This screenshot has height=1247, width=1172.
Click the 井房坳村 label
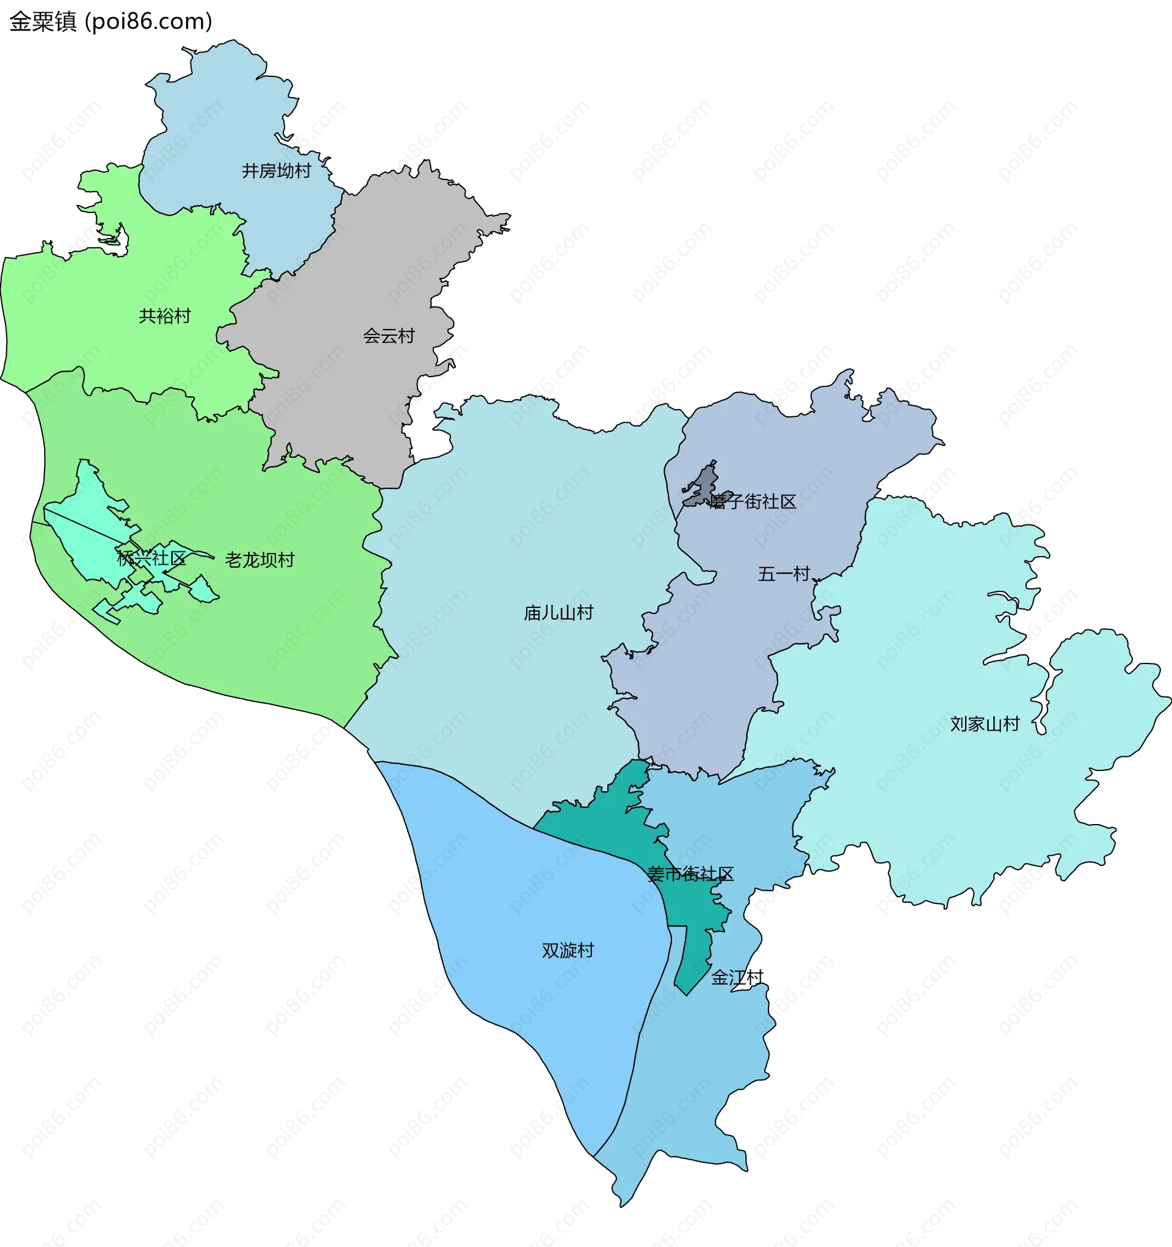(x=276, y=171)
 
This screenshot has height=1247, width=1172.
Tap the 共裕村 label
(x=164, y=316)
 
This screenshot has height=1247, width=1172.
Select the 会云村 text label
(x=388, y=336)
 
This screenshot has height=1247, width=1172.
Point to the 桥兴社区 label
(x=151, y=558)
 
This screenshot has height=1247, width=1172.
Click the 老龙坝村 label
(x=260, y=560)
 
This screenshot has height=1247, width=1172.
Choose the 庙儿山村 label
(x=559, y=612)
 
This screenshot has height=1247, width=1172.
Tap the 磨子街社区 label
(x=752, y=501)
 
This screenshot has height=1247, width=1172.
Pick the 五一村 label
(x=784, y=573)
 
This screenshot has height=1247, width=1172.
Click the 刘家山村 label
(x=985, y=724)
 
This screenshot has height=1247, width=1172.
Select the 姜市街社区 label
(x=690, y=874)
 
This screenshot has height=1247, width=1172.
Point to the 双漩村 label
(x=568, y=950)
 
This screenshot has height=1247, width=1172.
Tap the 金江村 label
(x=737, y=977)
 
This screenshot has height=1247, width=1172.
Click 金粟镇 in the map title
(x=43, y=21)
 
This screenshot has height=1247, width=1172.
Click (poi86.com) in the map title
(x=148, y=21)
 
